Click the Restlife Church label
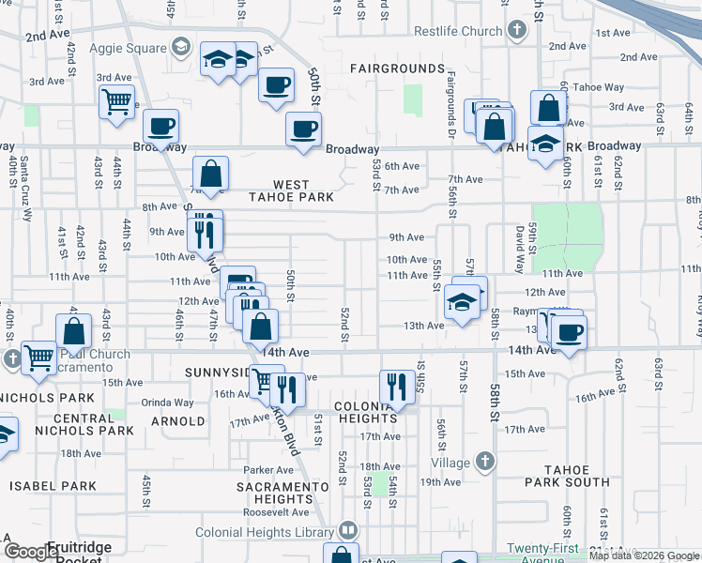click(458, 31)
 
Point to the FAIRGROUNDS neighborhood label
click(397, 68)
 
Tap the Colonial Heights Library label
click(266, 532)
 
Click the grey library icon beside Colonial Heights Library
click(349, 530)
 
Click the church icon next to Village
click(484, 462)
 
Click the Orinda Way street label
click(167, 403)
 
